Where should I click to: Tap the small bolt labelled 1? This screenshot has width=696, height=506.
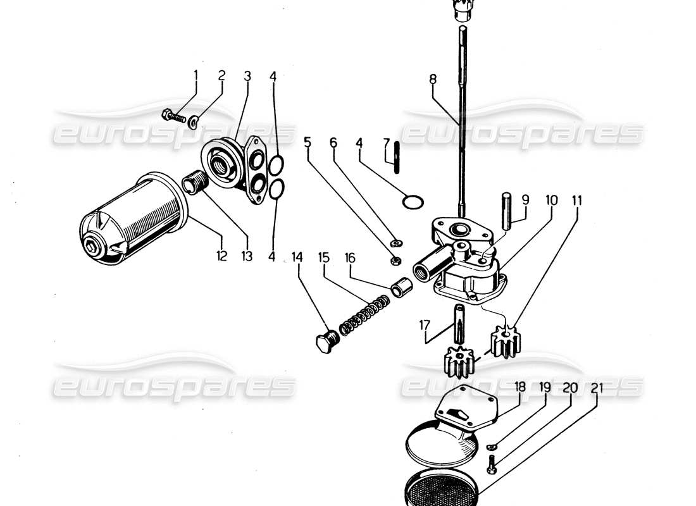coord(175,116)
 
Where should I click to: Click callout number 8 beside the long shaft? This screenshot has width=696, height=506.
coord(433,80)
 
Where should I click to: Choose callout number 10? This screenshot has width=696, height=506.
coord(551,201)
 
